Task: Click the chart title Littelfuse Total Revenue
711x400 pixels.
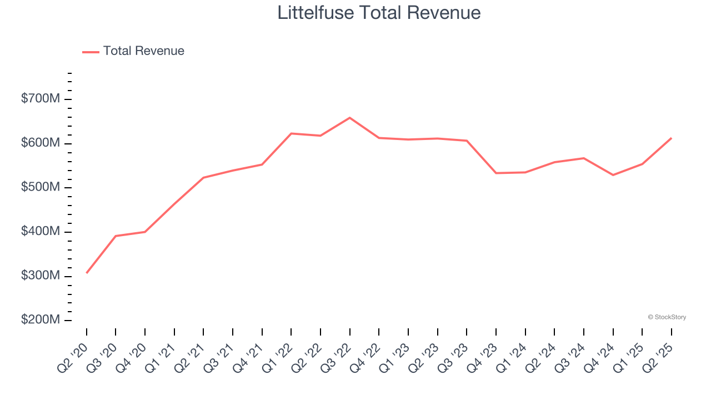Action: tap(379, 13)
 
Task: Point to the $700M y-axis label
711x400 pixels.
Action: tap(40, 99)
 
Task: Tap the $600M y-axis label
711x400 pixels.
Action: tap(40, 143)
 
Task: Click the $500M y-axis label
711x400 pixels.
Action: tap(40, 188)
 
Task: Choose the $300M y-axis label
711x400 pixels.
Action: tap(40, 276)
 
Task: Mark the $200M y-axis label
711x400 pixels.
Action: tap(40, 321)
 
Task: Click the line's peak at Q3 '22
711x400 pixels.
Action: tap(349, 118)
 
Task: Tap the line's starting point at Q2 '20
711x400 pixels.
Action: tap(87, 273)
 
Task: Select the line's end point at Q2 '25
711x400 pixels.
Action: tap(671, 138)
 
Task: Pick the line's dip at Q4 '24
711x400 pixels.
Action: tap(613, 175)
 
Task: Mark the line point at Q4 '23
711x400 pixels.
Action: tap(496, 173)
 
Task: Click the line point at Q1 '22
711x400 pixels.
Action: tap(291, 133)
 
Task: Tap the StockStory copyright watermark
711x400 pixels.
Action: tap(667, 317)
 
